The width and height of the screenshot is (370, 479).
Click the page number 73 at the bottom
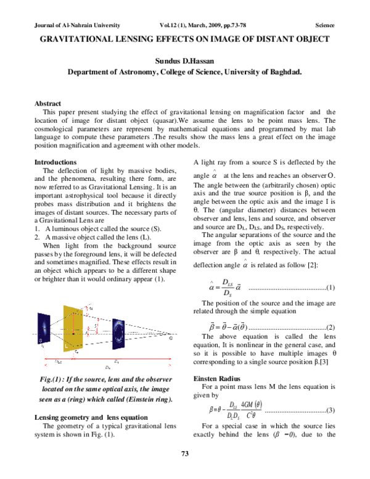click(184, 472)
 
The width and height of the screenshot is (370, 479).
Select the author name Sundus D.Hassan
click(184, 60)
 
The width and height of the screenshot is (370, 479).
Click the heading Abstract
click(48, 104)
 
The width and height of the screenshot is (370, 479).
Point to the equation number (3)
click(330, 410)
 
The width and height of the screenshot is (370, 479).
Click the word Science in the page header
click(324, 26)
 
